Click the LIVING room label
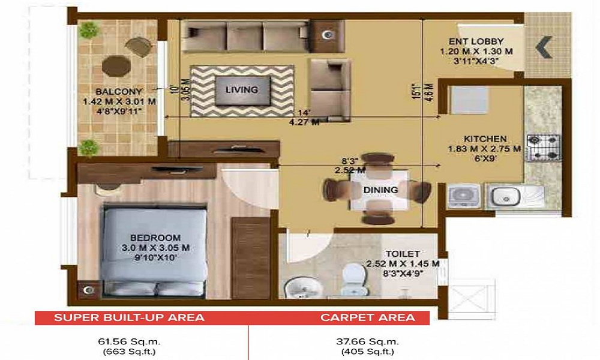coord(241,90)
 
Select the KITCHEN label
coord(485,138)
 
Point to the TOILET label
coord(403,254)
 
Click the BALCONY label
coord(119,91)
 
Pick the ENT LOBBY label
coord(476,41)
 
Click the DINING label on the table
coord(380,190)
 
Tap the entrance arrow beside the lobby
coord(545,47)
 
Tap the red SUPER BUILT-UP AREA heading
coord(129,317)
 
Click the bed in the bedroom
coord(153,249)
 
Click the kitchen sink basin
coord(503,196)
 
